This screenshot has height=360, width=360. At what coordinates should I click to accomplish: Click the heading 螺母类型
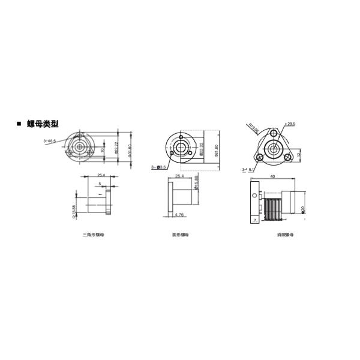coord(43,124)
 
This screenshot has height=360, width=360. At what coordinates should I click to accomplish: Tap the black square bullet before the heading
coord(19,124)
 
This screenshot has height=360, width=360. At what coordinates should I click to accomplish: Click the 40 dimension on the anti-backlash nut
coord(272,176)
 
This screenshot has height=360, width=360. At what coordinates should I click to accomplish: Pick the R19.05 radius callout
coord(253,127)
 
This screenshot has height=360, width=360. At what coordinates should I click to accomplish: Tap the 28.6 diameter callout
coord(291,124)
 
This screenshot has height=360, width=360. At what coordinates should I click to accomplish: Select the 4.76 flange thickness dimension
coord(179,214)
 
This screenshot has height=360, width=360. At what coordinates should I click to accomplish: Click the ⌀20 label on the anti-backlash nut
coord(304,208)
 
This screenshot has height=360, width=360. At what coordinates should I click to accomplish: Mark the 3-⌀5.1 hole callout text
coord(248,170)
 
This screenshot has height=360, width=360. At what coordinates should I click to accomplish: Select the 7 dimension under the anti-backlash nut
coord(254,220)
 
